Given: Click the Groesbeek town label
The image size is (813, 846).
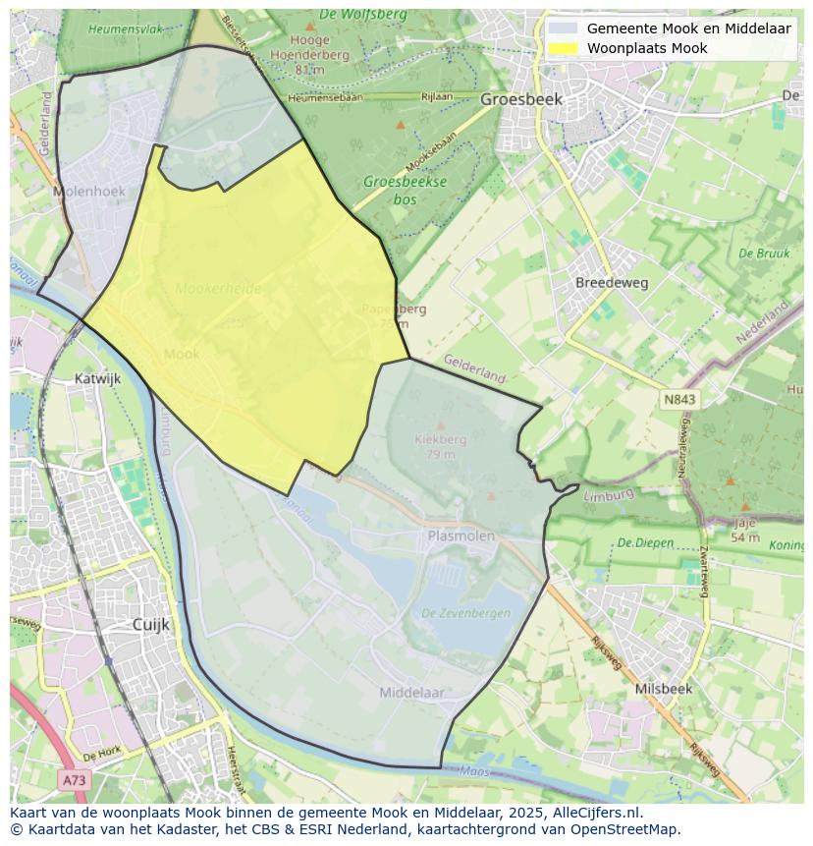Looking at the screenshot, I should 521,99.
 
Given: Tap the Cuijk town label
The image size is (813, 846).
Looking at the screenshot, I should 151,624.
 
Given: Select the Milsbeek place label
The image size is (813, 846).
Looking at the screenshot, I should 663,689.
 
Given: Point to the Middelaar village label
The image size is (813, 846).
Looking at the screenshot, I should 412,693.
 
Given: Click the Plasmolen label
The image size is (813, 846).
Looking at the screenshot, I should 461,536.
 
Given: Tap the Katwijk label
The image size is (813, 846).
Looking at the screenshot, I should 98,377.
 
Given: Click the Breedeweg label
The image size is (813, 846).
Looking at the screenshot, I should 612,283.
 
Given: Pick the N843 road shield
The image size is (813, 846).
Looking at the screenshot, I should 678,400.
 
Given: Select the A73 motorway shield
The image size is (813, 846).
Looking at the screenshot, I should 74,780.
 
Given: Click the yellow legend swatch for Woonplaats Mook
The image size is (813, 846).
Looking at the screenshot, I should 563,48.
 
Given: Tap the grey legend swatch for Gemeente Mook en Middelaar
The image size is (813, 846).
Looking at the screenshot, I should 563,28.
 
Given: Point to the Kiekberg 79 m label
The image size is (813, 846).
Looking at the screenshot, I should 441,446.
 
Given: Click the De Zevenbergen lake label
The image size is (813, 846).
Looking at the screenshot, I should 465,613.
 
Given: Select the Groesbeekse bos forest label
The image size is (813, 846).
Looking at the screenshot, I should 405,189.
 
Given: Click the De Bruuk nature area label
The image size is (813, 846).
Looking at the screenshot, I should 763,253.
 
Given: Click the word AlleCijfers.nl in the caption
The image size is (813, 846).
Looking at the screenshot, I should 595,813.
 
